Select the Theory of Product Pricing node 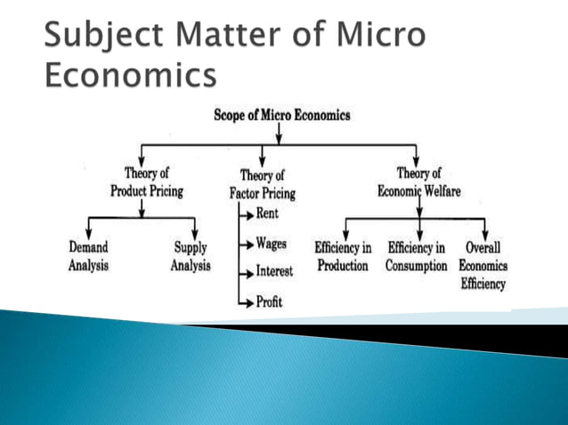(x=147, y=182)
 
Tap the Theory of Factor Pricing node (x=262, y=184)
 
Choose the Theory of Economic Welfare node (x=418, y=182)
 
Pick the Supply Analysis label (x=191, y=256)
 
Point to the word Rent (x=266, y=213)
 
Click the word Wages (x=271, y=243)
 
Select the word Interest (x=274, y=272)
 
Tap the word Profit (x=269, y=302)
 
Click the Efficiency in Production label (x=343, y=256)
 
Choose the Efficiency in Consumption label (x=417, y=256)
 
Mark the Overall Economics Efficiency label (x=483, y=265)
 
